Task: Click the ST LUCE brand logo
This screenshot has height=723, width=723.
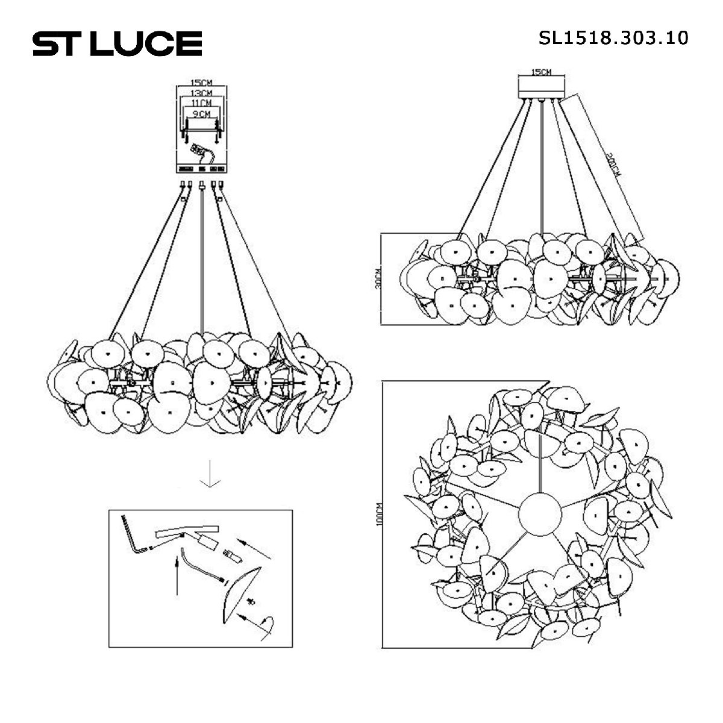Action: [117, 43]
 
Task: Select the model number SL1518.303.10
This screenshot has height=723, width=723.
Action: [613, 38]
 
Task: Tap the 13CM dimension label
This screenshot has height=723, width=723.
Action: [201, 93]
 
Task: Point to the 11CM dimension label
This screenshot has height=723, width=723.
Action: [201, 103]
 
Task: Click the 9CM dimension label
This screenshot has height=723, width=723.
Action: [201, 113]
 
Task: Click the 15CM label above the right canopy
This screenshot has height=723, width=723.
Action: [540, 72]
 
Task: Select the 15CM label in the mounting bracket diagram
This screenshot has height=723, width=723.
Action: [201, 83]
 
